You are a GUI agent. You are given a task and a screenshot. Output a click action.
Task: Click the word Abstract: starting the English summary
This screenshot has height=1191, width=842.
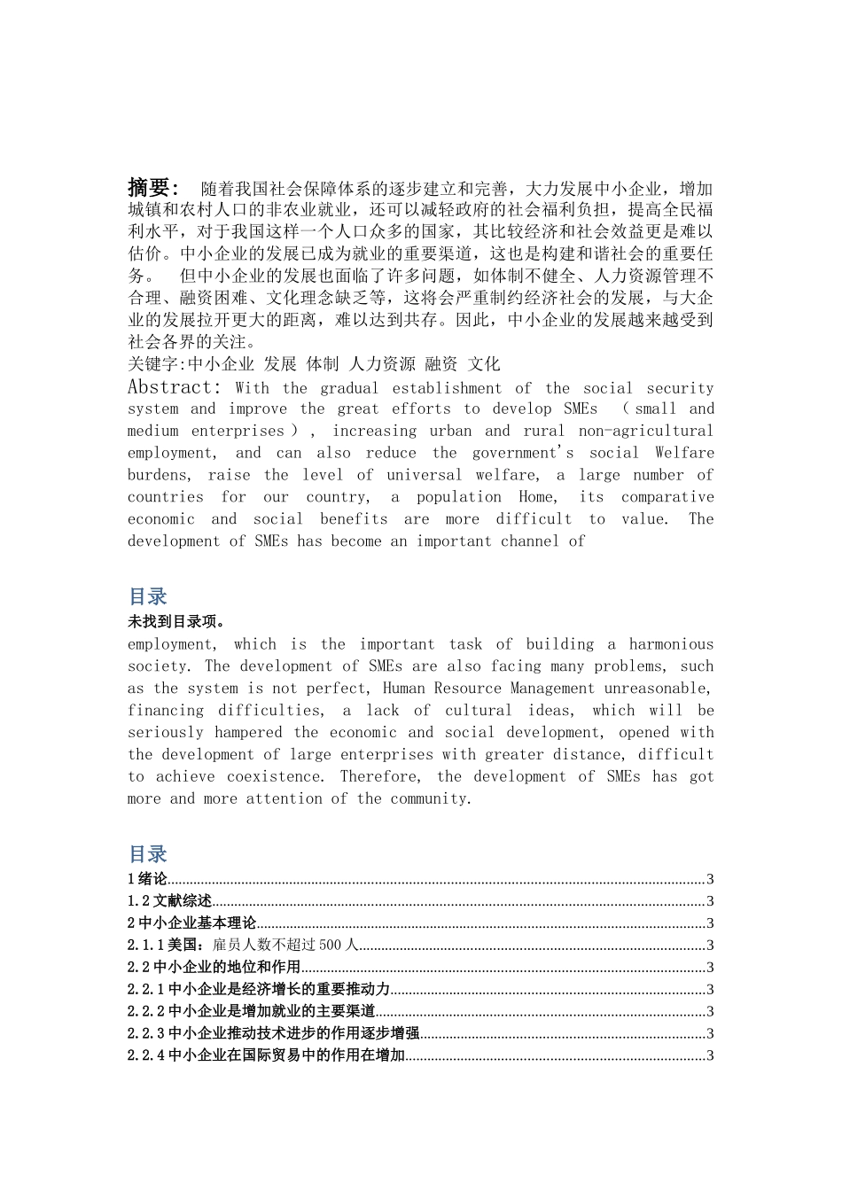click(174, 387)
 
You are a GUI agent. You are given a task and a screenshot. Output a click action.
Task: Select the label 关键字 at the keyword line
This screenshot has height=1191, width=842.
click(152, 363)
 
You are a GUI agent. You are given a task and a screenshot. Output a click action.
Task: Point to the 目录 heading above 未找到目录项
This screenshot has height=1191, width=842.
click(147, 596)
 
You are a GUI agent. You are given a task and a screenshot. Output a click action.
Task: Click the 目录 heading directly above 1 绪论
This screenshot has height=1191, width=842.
click(147, 854)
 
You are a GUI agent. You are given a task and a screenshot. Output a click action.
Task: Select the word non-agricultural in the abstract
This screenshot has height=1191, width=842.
click(645, 431)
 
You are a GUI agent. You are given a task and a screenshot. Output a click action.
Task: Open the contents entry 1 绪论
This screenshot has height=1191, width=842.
click(147, 879)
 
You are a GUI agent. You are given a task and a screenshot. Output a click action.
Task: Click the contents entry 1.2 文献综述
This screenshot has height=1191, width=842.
click(169, 901)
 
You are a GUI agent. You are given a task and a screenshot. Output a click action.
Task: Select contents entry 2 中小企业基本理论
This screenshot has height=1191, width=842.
click(191, 923)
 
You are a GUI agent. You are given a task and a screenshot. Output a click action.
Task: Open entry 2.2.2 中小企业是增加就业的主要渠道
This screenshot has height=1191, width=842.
click(251, 1011)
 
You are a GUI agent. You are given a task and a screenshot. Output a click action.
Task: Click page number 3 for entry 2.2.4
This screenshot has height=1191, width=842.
click(710, 1055)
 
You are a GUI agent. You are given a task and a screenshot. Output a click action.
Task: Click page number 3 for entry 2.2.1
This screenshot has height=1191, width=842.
click(710, 990)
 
